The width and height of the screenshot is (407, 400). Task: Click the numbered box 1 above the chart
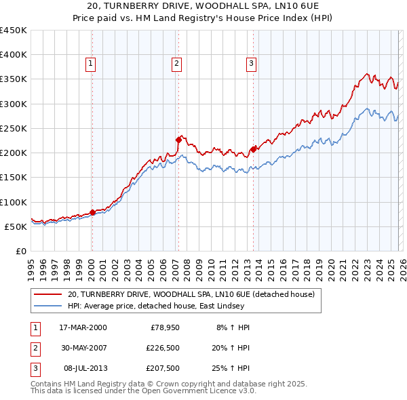point(90,64)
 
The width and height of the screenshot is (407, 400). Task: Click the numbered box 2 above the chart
point(176,64)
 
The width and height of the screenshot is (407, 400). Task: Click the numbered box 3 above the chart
point(251,64)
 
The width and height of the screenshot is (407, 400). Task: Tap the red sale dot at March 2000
point(92,212)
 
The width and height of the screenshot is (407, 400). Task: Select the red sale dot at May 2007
point(178,140)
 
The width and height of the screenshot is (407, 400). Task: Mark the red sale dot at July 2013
point(253,149)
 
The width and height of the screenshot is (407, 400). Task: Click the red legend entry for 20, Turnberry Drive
point(191,295)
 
